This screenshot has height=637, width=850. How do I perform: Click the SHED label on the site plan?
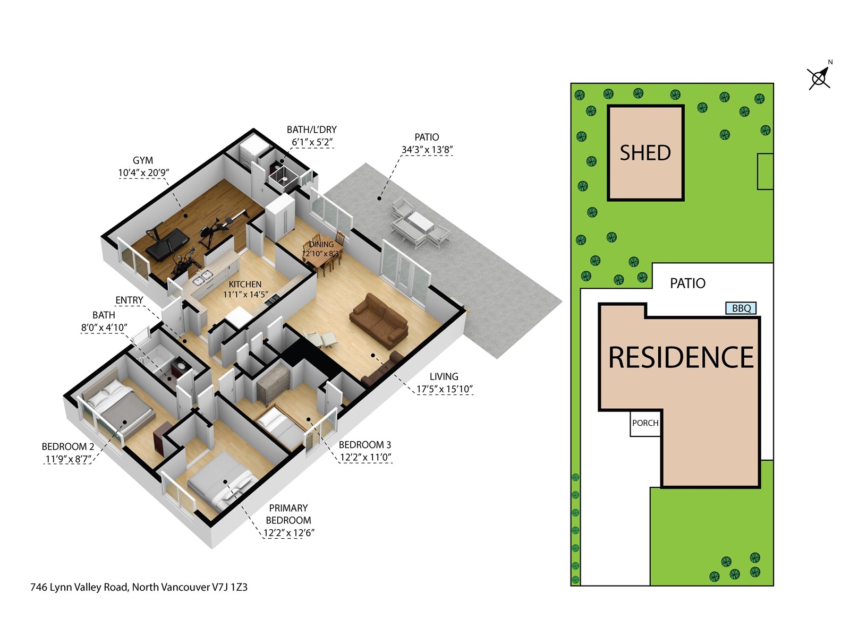(x=645, y=153)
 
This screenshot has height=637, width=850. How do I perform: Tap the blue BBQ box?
(x=741, y=308)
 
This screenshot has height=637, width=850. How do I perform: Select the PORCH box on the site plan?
(x=645, y=423)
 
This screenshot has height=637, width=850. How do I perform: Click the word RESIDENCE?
(x=681, y=357)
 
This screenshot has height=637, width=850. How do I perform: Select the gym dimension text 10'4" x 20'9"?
(x=143, y=173)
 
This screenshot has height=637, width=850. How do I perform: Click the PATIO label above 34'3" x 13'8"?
(x=427, y=137)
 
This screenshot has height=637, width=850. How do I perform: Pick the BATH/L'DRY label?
(x=312, y=130)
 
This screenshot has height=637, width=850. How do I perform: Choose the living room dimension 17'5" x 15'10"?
(x=445, y=389)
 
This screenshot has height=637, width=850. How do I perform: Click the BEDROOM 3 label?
(x=365, y=445)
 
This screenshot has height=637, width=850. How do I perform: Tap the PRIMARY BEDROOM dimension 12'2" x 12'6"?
(x=288, y=533)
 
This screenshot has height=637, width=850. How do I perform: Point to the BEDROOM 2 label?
(x=68, y=447)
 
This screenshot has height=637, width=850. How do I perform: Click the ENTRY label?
(x=129, y=300)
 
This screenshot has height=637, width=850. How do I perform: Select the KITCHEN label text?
(x=245, y=285)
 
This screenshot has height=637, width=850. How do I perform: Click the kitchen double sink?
(x=203, y=277)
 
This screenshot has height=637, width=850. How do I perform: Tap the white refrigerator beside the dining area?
(x=280, y=218)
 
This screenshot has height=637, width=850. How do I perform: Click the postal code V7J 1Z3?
(x=229, y=587)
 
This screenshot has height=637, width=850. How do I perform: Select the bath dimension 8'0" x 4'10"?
(x=104, y=328)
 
